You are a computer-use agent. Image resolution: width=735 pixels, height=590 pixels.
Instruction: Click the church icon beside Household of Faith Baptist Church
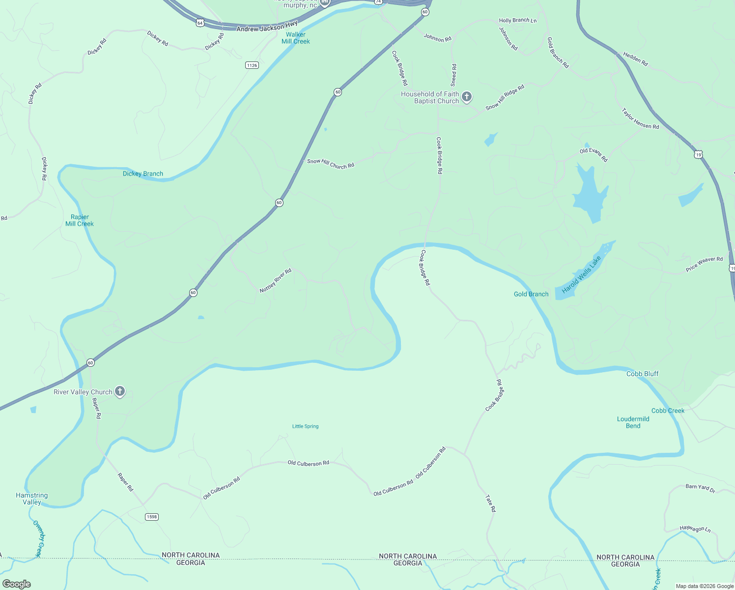467,97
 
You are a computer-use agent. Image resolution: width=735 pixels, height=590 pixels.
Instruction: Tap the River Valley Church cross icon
120,391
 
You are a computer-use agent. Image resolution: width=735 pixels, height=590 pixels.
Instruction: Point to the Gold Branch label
531,294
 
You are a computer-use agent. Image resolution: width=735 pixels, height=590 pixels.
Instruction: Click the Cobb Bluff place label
642,374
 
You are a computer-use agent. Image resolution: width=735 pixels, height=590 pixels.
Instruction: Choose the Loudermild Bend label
633,422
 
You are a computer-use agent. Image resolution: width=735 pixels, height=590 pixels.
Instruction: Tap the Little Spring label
305,426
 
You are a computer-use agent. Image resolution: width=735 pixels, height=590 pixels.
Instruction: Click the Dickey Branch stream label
143,174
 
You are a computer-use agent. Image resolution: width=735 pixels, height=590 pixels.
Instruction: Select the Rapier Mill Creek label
80,220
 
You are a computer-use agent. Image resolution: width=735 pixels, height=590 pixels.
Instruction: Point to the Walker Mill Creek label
296,38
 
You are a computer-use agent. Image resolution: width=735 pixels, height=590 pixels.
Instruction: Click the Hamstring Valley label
31,499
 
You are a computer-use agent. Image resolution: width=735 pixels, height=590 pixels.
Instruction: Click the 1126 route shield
252,65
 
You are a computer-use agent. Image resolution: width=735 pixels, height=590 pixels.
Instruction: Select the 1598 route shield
151,517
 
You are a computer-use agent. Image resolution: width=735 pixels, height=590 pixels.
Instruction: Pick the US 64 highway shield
199,23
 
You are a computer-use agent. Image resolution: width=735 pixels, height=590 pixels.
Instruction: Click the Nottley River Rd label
276,281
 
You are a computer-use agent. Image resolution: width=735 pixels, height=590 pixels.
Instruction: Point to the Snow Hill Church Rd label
331,164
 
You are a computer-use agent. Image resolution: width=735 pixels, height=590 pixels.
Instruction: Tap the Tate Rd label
490,503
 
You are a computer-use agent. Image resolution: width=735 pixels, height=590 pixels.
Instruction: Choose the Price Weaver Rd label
704,264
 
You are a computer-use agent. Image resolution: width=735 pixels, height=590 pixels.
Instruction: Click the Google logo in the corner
17,584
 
